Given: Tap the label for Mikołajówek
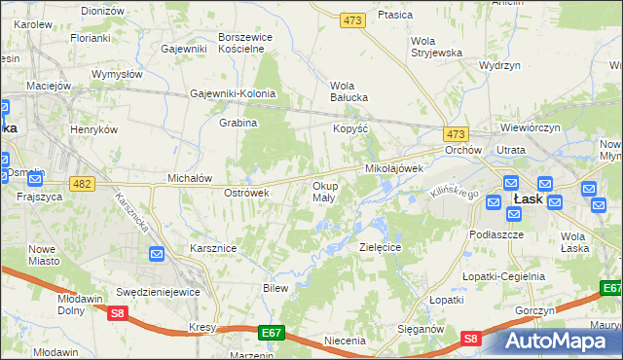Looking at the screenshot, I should [x=393, y=168].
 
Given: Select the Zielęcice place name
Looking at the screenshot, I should [x=381, y=247].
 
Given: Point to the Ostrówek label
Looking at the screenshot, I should [x=246, y=193].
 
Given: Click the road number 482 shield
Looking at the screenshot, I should [x=83, y=184].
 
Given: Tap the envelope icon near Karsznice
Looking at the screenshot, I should [x=158, y=254].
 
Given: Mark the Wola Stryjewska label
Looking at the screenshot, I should [x=436, y=47].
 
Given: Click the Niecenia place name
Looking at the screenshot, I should [x=345, y=341].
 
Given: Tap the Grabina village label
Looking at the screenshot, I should [x=238, y=124].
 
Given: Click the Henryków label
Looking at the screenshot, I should [x=94, y=129].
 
